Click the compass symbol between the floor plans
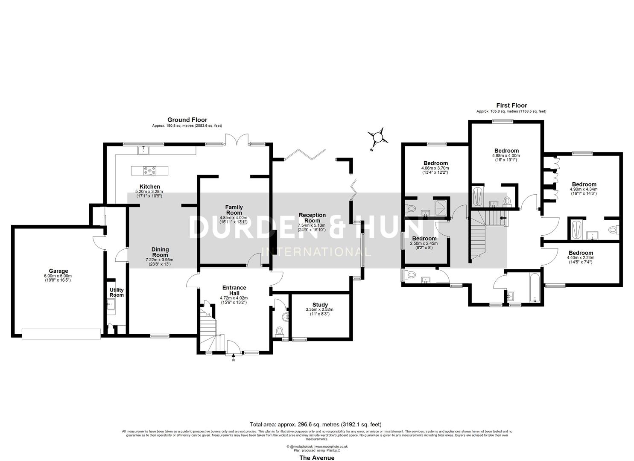click(378, 137)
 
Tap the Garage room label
click(58, 271)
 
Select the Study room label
click(320, 305)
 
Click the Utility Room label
click(117, 292)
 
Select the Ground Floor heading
click(187, 120)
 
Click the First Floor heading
click(511, 105)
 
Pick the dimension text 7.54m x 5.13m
click(312, 225)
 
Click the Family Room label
click(234, 210)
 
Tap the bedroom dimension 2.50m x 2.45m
click(424, 243)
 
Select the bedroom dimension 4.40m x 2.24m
click(580, 257)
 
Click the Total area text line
click(316, 424)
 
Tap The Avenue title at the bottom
click(316, 458)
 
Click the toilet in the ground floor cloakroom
click(280, 331)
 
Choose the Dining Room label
click(160, 252)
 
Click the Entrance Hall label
click(234, 290)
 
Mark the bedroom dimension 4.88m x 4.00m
click(506, 156)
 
